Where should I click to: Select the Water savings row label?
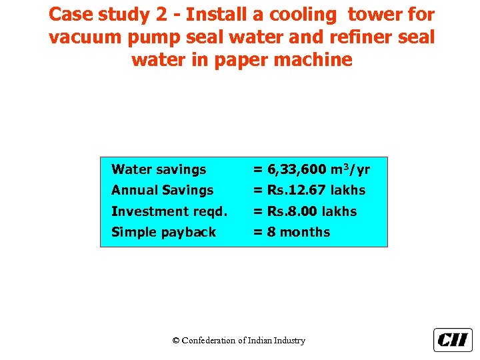pyautogui.click(x=159, y=170)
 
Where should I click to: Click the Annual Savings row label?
pyautogui.click(x=162, y=191)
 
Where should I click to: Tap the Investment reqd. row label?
pyautogui.click(x=169, y=211)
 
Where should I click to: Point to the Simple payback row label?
pyautogui.click(x=163, y=232)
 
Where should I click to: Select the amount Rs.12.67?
pyautogui.click(x=297, y=191)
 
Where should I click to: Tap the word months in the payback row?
pyautogui.click(x=305, y=232)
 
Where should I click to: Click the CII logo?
pyautogui.click(x=453, y=340)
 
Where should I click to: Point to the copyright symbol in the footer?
pyautogui.click(x=176, y=341)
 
